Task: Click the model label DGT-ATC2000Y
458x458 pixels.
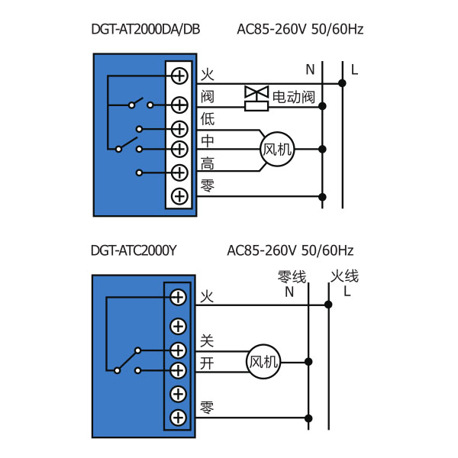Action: [x=133, y=250]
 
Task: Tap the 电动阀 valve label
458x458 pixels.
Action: [x=294, y=96]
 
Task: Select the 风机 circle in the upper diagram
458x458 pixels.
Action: [x=277, y=150]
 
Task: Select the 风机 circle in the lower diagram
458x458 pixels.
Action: [x=263, y=361]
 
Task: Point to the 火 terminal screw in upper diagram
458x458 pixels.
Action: [x=179, y=76]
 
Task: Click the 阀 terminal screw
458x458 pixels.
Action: [x=179, y=105]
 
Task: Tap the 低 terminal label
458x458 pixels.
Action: [x=208, y=119]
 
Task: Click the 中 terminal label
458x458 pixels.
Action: [x=208, y=140]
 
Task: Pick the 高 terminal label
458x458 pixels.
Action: [x=208, y=163]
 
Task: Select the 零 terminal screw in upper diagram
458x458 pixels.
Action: [x=179, y=196]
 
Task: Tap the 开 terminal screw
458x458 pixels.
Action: [x=178, y=370]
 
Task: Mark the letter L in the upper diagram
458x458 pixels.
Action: [x=355, y=70]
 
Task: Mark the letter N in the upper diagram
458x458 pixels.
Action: [x=310, y=70]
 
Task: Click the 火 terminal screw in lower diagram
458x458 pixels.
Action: [x=178, y=297]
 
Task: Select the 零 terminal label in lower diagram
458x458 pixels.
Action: [x=207, y=408]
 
